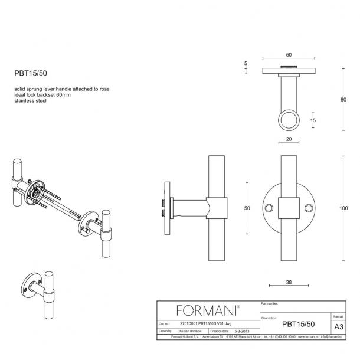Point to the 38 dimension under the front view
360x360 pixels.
(289, 283)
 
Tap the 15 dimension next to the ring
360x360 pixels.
(313, 120)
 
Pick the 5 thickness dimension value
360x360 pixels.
(246, 63)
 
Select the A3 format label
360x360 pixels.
(339, 326)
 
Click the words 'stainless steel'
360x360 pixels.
(31, 102)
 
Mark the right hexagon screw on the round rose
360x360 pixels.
(309, 208)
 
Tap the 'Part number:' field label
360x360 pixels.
(269, 303)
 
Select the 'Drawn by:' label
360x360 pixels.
(165, 332)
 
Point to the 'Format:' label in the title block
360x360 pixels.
(339, 318)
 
